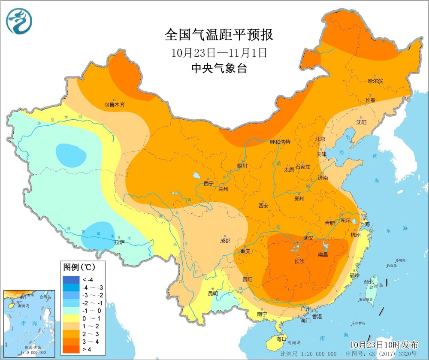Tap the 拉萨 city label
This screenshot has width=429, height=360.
pos(119,242)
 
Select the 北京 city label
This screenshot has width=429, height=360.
pos(320,139)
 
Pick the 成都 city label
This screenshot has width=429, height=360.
pos(225,241)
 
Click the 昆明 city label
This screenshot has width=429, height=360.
pos(213,294)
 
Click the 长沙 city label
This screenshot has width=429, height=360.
pos(299,261)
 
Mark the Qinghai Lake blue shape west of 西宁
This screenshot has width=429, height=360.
pos(196,176)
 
